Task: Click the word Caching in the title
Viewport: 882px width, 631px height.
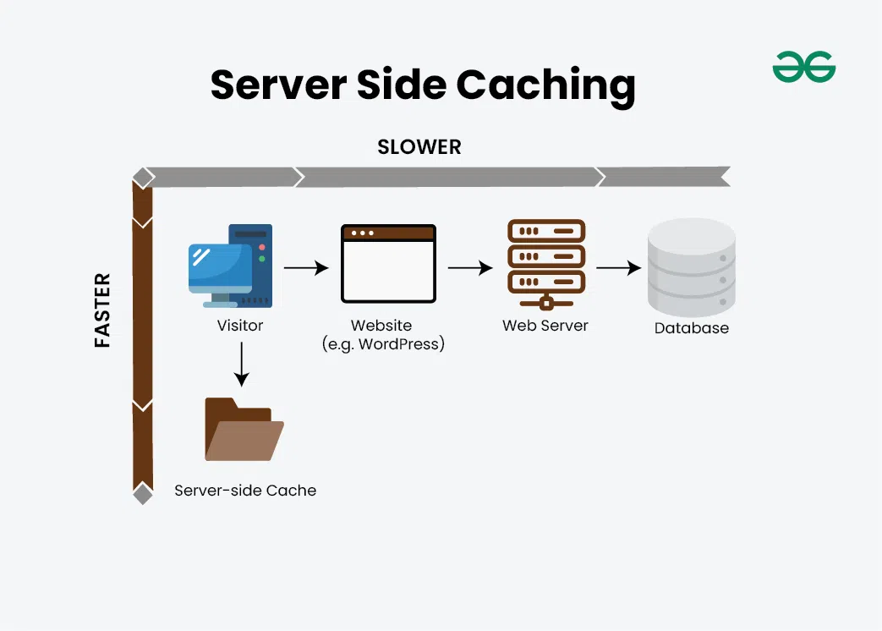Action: pos(545,85)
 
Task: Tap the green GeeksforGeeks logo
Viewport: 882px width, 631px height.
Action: pos(803,67)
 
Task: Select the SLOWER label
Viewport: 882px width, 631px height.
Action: pos(419,147)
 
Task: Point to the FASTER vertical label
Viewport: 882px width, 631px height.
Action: pos(102,310)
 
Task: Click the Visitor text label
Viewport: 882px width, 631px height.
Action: pos(240,326)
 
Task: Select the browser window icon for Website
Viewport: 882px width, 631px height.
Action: pos(388,264)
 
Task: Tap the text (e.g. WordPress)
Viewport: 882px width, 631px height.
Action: pos(383,344)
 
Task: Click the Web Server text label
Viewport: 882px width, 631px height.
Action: pos(545,326)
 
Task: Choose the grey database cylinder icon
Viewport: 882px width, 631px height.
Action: pos(691,267)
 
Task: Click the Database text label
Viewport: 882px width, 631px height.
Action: pos(691,328)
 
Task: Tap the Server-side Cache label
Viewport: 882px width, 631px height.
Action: pos(245,491)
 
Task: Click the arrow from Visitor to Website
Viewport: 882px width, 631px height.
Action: pos(305,268)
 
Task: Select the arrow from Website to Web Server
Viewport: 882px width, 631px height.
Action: pos(470,268)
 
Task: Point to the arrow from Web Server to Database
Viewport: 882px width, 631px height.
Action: pos(618,268)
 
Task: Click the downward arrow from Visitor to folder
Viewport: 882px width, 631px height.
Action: pos(241,363)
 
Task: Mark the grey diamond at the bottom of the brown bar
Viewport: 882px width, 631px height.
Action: pos(143,494)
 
